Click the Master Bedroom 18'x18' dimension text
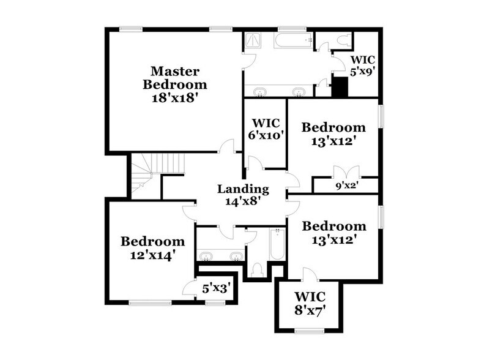(175, 98)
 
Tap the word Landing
(243, 189)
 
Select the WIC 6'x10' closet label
(265, 129)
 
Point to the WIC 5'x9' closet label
(363, 66)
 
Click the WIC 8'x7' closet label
(310, 304)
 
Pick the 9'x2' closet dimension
(346, 186)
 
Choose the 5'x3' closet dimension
(216, 288)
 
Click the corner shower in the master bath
(253, 41)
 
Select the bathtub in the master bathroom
(294, 40)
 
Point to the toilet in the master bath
(343, 40)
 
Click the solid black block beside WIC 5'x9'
(340, 87)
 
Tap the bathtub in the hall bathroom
(277, 245)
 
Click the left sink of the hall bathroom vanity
(206, 256)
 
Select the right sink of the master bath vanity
(298, 92)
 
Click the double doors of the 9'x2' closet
(346, 171)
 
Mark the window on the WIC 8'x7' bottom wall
(310, 331)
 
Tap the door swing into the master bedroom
(226, 145)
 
